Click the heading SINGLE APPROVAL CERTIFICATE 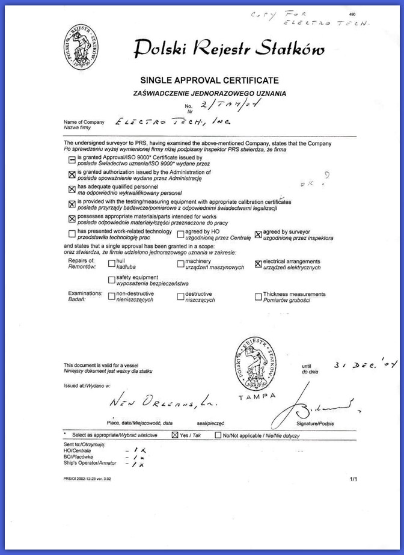tap(209, 81)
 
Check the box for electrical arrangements tap(259, 263)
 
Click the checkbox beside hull tap(111, 263)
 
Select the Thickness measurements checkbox tap(259, 296)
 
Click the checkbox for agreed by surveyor tap(259, 234)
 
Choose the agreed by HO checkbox tap(181, 234)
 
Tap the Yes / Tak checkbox tap(175, 434)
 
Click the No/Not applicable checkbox tap(218, 434)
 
